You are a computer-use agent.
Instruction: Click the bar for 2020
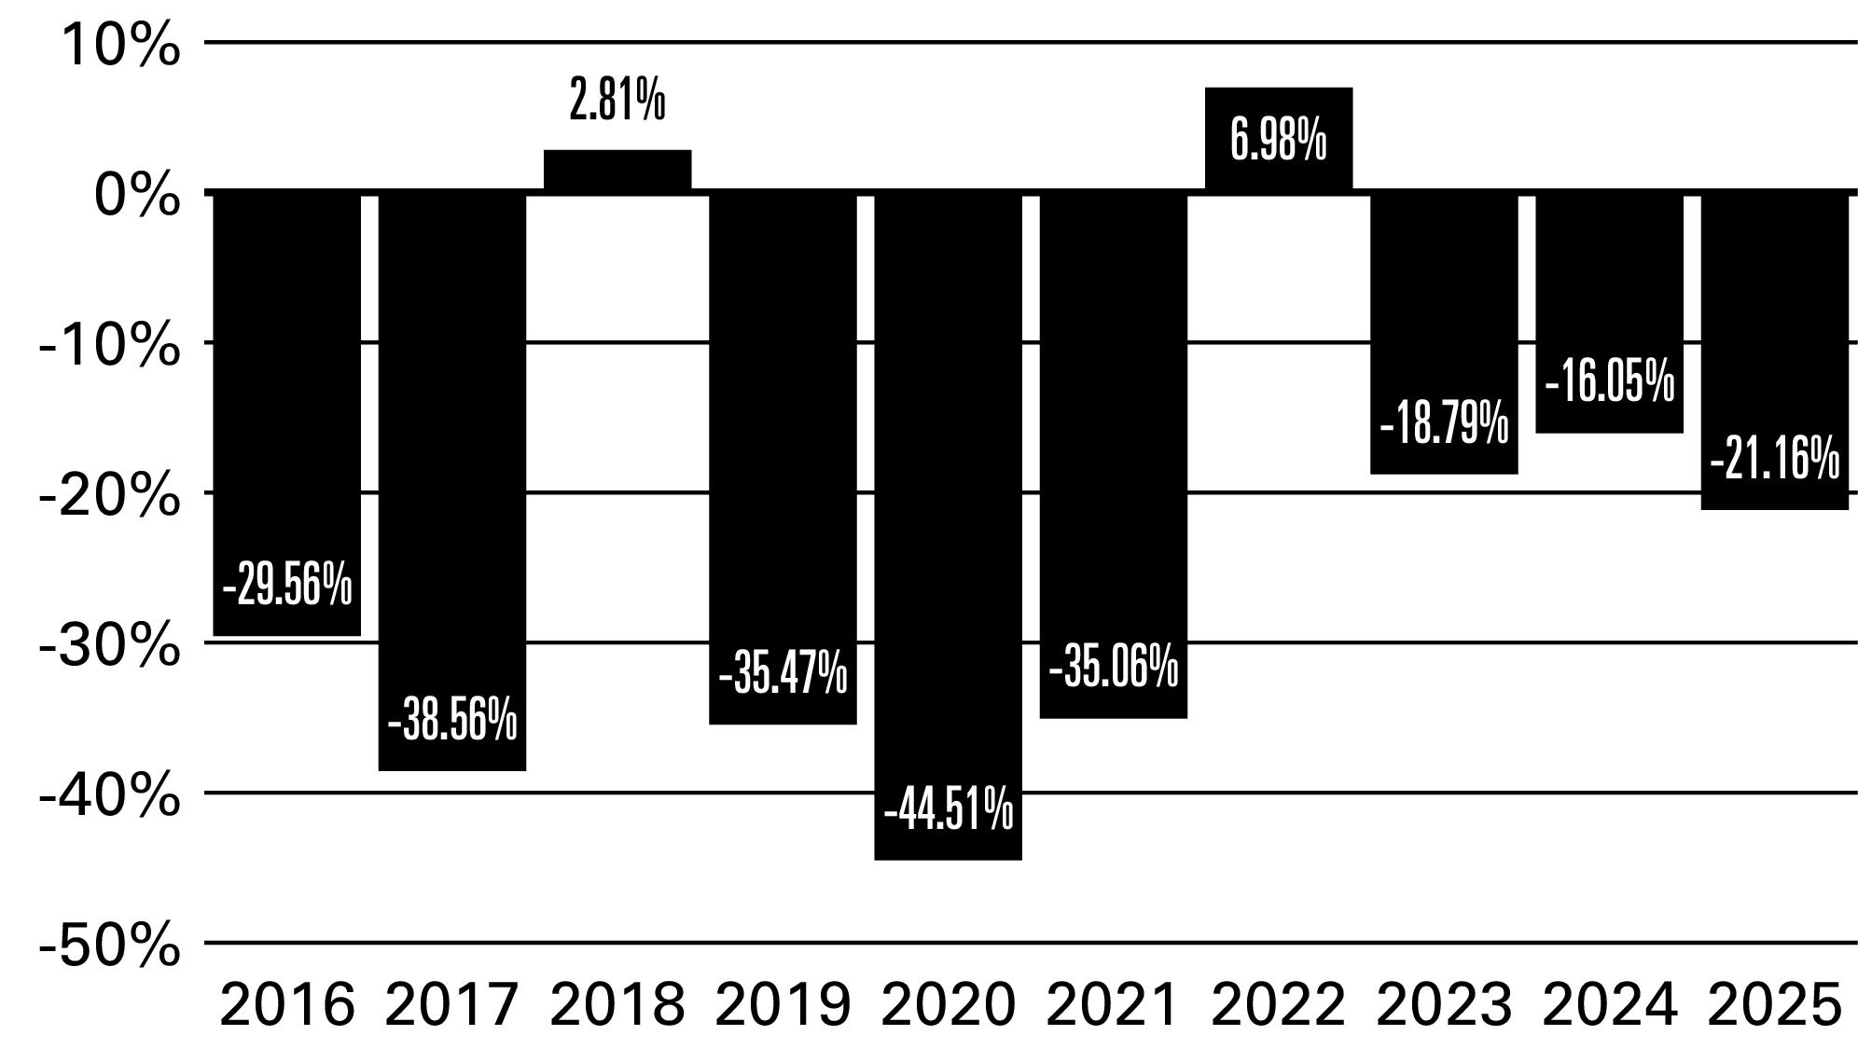948,526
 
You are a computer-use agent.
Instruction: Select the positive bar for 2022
1279,140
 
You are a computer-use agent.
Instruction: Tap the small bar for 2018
617,171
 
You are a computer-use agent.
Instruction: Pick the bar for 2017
452,481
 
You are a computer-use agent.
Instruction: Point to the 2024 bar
1610,312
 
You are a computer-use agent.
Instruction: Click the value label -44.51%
949,808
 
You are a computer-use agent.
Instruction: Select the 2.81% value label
617,100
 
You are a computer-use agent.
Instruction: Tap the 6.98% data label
1279,141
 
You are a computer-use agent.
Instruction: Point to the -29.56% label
287,586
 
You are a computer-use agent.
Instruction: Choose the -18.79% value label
1444,423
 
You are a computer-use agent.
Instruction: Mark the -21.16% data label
1775,459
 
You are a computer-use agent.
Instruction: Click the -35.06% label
1114,668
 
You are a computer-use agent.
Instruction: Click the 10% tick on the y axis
120,44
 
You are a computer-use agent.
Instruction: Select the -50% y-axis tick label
109,945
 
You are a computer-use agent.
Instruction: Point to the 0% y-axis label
137,195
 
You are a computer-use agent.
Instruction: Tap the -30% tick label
109,645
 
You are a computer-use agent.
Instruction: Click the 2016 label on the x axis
287,1005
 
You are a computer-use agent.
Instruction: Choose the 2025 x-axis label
1775,1005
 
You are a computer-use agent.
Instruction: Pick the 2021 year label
1113,1005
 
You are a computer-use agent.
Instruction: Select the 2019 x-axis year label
783,1005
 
